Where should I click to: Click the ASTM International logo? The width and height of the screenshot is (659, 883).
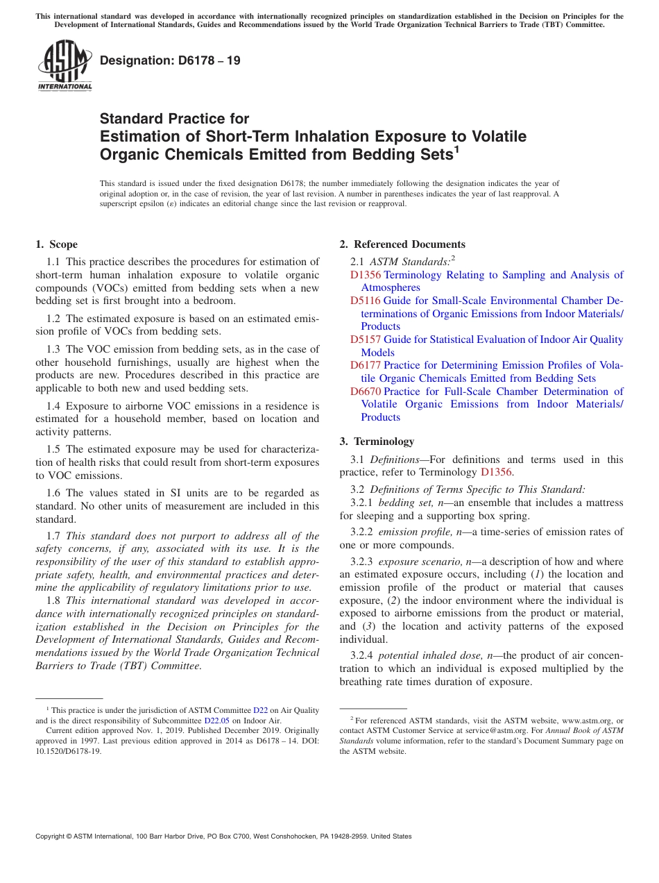coord(65,67)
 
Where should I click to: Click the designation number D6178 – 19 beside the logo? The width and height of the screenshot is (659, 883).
coord(170,60)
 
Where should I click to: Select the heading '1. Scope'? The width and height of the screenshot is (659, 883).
coord(56,244)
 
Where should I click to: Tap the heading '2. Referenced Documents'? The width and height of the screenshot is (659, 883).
coord(402,244)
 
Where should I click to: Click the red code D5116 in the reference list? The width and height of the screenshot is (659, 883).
coord(365,301)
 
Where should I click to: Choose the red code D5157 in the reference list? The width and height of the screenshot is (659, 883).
coord(365,339)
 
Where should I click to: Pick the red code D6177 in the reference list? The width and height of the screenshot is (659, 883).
coord(365,365)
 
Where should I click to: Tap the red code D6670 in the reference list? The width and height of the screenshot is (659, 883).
coord(365,392)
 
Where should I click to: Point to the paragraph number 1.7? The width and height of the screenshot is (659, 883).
coord(54,536)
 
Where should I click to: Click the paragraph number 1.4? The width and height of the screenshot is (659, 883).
coord(54,405)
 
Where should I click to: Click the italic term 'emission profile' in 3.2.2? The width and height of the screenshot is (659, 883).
coord(415,532)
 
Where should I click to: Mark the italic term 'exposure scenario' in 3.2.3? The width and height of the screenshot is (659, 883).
coord(420,562)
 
